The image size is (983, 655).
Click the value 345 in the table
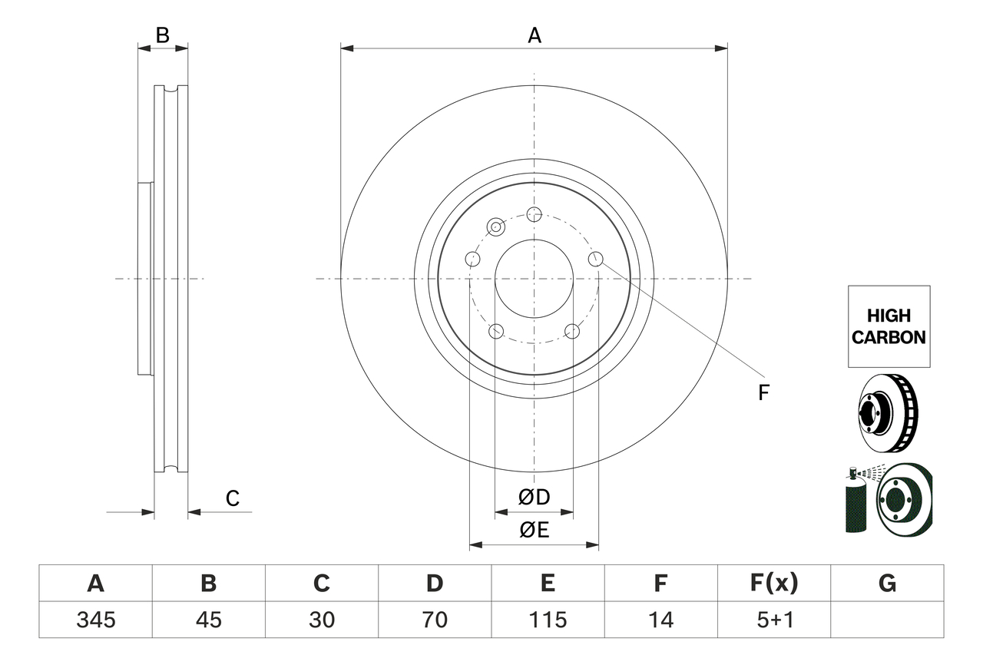tap(95, 620)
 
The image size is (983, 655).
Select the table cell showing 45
tap(208, 620)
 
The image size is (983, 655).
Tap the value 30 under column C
tap(321, 620)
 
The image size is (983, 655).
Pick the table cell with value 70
tap(434, 620)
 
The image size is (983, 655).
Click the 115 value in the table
tap(547, 620)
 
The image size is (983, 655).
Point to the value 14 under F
tap(660, 620)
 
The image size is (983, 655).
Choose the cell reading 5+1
tap(773, 620)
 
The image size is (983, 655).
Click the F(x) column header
tap(773, 584)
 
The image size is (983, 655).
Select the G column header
tap(887, 584)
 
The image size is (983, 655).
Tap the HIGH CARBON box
tap(889, 326)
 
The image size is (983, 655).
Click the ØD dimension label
tap(535, 498)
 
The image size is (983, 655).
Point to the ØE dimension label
tap(535, 530)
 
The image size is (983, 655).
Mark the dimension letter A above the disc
tap(535, 35)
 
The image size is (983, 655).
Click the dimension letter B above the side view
tap(162, 35)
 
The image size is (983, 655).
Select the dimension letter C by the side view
tap(233, 499)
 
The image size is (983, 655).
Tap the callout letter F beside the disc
tap(763, 393)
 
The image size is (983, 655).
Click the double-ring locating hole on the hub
tap(497, 227)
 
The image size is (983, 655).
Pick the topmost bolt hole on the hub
tap(535, 214)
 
